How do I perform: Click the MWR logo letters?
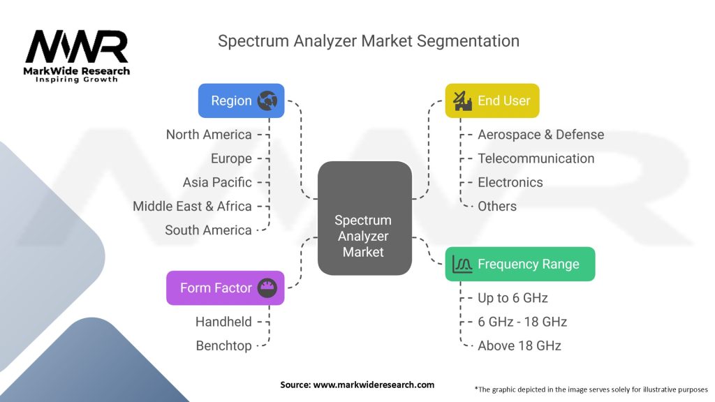(77, 47)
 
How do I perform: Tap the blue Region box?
(241, 100)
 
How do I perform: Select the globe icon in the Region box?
(267, 100)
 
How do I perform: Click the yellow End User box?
(492, 100)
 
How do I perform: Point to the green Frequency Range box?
(519, 264)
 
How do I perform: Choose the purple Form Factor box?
(226, 288)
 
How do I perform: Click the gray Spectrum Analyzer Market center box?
(364, 218)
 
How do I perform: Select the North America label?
(209, 135)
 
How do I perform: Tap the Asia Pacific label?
(217, 182)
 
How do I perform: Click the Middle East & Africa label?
(192, 206)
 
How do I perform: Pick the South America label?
(208, 230)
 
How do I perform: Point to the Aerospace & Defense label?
(541, 135)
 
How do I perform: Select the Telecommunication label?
(536, 158)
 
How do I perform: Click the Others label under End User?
(497, 207)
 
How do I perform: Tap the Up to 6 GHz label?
(513, 298)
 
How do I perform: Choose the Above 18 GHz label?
(519, 346)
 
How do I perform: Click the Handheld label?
(223, 322)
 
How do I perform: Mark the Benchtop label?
(223, 346)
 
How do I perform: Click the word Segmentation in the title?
(468, 41)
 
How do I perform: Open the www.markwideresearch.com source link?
(374, 385)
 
